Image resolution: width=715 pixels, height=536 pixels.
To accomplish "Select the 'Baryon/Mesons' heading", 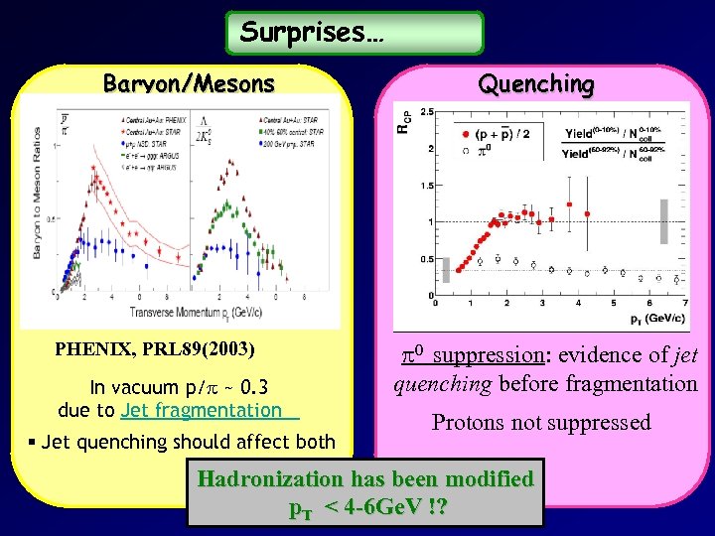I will point(189,84).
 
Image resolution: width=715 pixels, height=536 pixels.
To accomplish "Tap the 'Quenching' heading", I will point(536,84).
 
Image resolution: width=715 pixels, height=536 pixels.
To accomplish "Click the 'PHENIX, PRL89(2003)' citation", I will point(155,349).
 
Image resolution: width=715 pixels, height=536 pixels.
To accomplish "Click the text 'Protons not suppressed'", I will point(541,423).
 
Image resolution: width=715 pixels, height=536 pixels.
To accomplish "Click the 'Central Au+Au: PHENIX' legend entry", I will point(155,120).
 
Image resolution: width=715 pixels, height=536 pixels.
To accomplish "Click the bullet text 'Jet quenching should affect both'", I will point(195,442).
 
